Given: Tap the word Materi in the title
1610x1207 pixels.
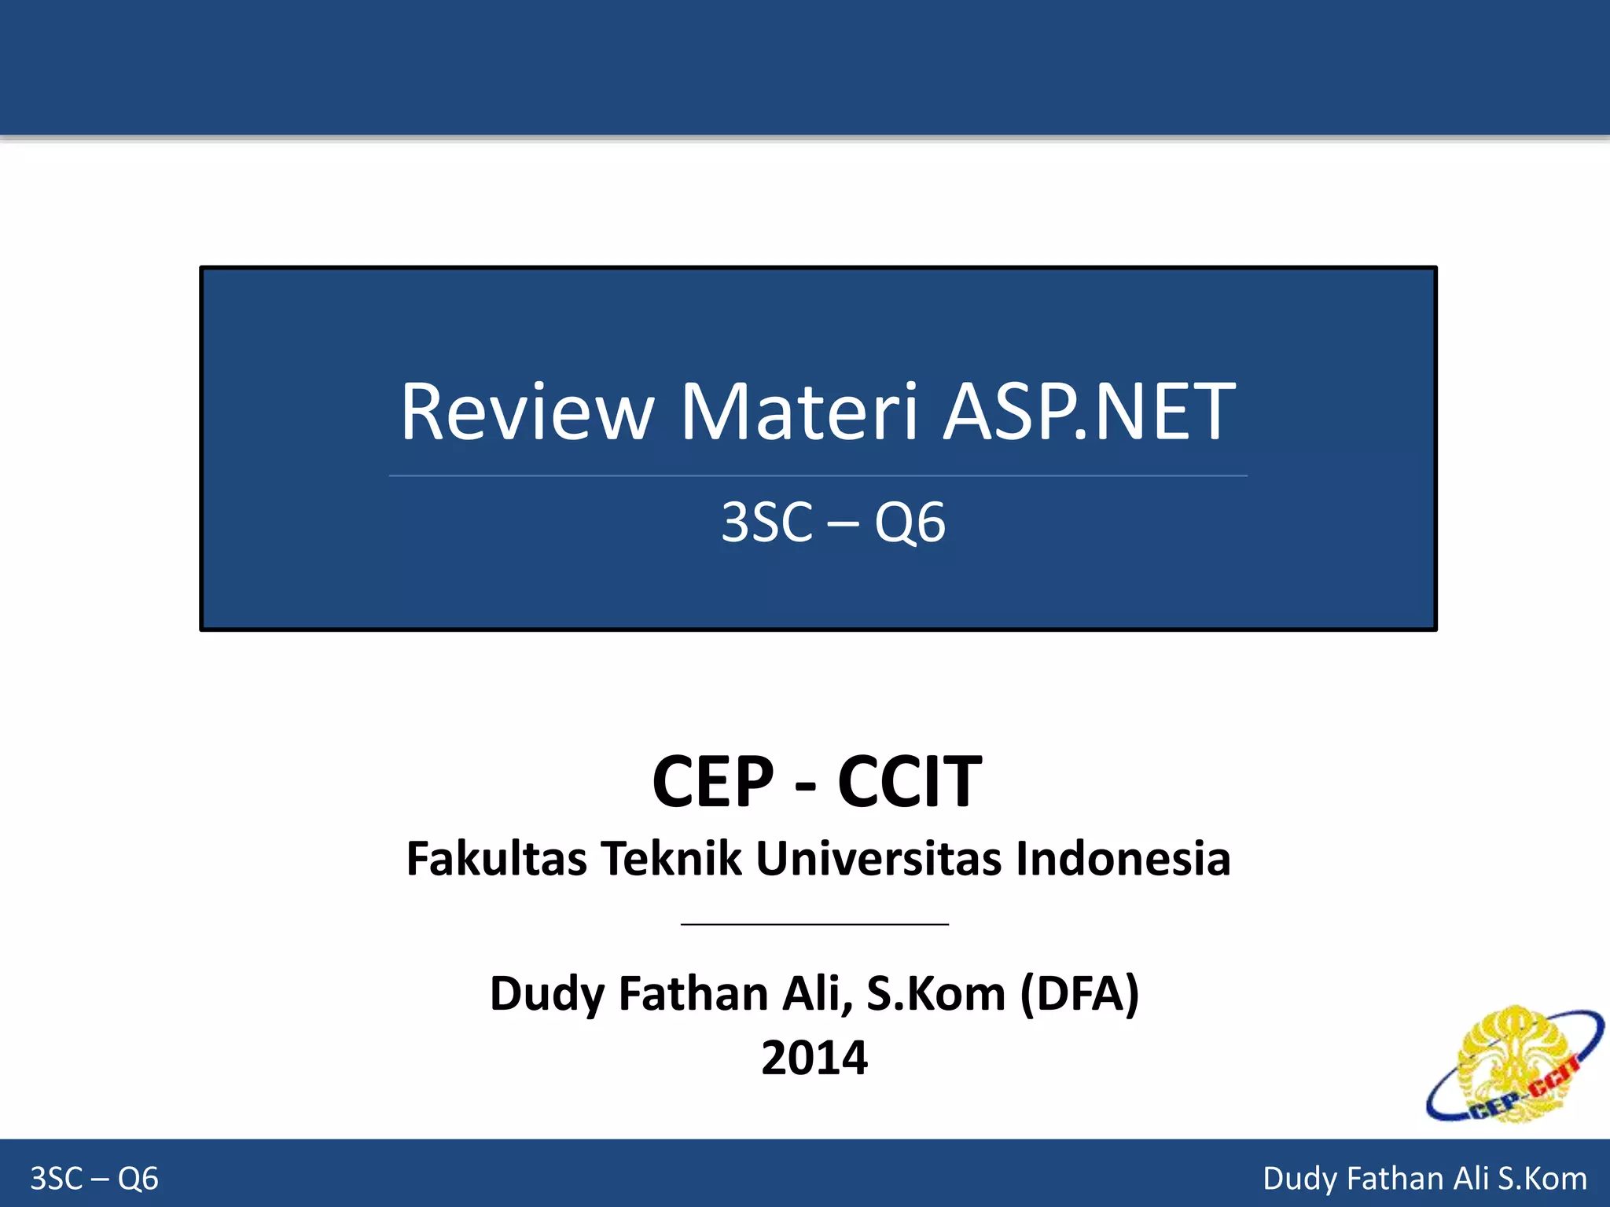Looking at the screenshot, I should click(799, 412).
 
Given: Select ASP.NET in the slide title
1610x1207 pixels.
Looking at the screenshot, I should click(1089, 412).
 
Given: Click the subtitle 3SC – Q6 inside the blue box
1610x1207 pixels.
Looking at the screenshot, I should click(833, 523).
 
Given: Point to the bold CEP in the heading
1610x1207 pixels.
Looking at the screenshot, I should click(713, 782).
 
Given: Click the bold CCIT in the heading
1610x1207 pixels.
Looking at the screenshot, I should click(910, 782).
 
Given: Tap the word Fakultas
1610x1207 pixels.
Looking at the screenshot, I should click(496, 858).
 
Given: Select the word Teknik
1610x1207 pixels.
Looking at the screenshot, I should click(671, 858).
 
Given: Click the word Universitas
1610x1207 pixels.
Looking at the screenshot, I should click(879, 858).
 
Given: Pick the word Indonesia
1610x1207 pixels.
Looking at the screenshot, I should click(1123, 858).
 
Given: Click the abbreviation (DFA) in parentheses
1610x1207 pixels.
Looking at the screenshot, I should click(1079, 993).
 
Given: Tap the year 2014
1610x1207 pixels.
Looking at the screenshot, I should click(814, 1058).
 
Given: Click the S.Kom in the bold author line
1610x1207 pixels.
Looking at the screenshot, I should click(935, 993).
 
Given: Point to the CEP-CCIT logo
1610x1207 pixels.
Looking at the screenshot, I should click(1513, 1065).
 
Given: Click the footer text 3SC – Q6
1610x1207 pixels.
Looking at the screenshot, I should click(94, 1179).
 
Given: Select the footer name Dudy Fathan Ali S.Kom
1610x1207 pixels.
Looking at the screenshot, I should click(1424, 1179).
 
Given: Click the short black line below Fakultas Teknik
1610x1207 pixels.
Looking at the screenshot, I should click(814, 924).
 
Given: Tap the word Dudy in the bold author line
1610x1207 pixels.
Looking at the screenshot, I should click(547, 995).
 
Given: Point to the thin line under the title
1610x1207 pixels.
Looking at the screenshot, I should click(818, 475).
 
